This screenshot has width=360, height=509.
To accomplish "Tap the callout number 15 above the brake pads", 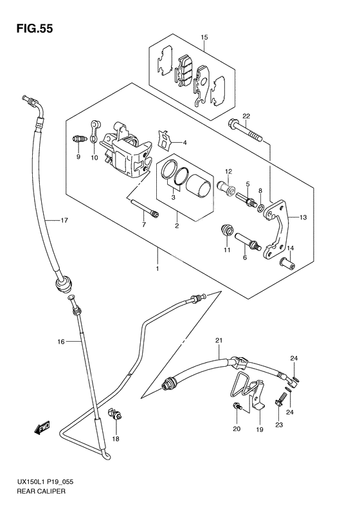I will [204, 37].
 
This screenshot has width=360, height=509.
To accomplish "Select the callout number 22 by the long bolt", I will [246, 116].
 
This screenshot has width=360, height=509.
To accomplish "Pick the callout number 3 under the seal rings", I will [173, 198].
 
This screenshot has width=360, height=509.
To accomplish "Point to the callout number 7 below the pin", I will [144, 225].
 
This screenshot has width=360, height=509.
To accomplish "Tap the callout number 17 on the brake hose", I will [64, 221].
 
